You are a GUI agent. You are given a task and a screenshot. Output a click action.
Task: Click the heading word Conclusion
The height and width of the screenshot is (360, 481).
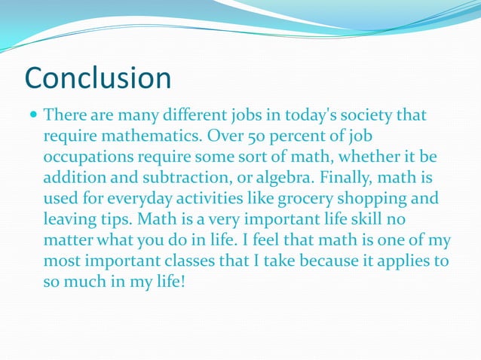click(x=98, y=78)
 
